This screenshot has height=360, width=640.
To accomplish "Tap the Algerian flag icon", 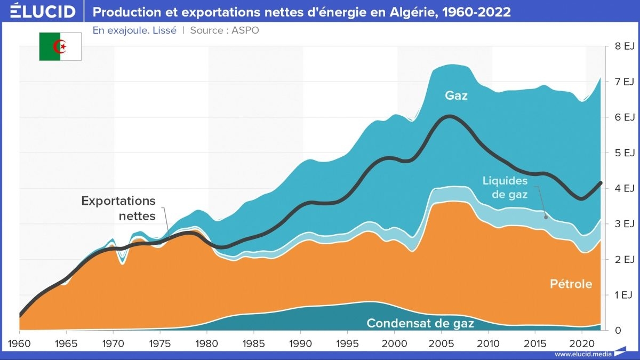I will (60, 46).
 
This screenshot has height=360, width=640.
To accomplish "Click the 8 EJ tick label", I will (623, 46).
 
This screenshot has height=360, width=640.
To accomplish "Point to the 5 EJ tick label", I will (623, 153).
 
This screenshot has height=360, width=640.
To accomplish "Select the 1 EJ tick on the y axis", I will (623, 295).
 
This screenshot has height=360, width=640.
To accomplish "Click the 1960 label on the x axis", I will (19, 341).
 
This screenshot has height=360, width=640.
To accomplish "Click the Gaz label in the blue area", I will (457, 96).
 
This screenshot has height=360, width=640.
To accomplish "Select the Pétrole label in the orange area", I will (571, 284).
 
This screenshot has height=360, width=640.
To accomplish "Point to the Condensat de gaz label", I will (420, 323).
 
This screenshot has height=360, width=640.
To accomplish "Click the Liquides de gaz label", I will (505, 188).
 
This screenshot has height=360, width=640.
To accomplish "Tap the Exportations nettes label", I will (118, 209).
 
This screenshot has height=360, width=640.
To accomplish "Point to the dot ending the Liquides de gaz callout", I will (546, 217).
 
